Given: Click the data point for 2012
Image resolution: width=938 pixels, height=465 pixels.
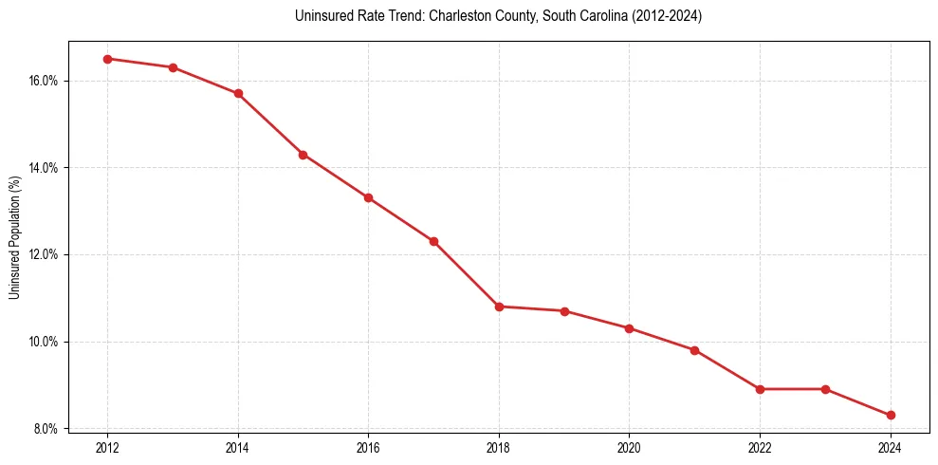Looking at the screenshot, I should click(x=107, y=59).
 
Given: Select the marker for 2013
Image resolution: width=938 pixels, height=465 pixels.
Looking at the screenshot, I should click(x=173, y=67).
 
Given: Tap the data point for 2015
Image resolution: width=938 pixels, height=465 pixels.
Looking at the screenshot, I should click(x=303, y=155).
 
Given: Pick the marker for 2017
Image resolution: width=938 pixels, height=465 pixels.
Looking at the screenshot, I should click(x=433, y=241).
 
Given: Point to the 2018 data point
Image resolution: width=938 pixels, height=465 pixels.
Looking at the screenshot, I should click(x=499, y=307).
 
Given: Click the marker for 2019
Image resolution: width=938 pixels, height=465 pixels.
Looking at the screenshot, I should click(x=564, y=311).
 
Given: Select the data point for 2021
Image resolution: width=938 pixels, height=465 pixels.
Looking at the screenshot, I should click(x=694, y=350).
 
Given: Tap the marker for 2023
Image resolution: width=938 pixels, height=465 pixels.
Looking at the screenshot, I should click(x=825, y=389).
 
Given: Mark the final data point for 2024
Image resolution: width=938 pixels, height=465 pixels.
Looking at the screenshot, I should click(x=891, y=415).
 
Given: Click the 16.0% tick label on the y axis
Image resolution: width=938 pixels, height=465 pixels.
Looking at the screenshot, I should click(x=45, y=81).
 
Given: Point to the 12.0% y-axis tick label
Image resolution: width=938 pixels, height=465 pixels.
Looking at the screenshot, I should click(x=45, y=254).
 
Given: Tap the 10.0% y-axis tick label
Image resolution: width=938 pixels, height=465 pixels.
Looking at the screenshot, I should click(x=45, y=342).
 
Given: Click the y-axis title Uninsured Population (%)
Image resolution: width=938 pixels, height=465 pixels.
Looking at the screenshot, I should click(x=14, y=237).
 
